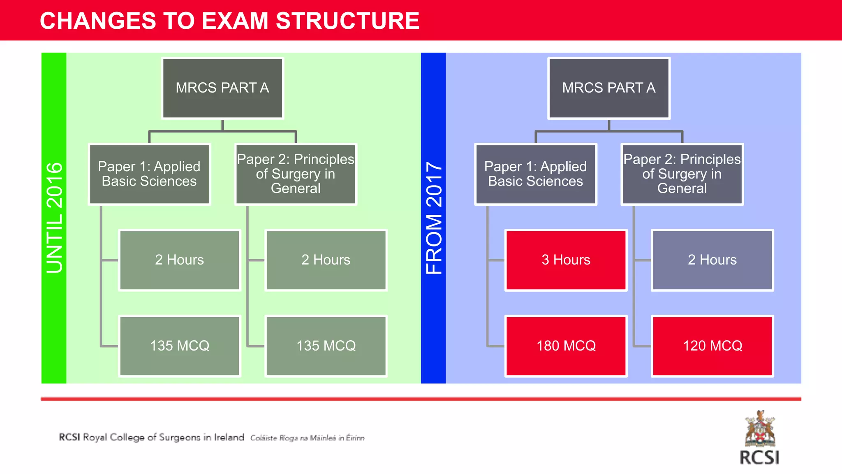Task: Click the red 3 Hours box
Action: click(x=566, y=260)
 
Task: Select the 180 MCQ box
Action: click(x=566, y=346)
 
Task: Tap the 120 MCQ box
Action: click(x=712, y=346)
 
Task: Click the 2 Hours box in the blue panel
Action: click(x=712, y=260)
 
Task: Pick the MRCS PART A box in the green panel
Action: click(x=222, y=88)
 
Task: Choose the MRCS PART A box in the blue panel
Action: click(x=609, y=88)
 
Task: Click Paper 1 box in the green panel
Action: click(x=149, y=174)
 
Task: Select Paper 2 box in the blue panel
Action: click(x=682, y=174)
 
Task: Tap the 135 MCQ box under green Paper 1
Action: click(x=180, y=346)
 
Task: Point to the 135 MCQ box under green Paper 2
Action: click(x=326, y=346)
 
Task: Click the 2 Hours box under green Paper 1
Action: click(x=180, y=260)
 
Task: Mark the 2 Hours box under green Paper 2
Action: click(x=326, y=260)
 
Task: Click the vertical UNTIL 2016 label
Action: click(x=54, y=218)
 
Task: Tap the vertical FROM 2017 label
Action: click(x=434, y=218)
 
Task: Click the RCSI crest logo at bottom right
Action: click(x=760, y=430)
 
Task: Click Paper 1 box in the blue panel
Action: click(x=536, y=174)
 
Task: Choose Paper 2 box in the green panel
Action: click(x=296, y=174)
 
